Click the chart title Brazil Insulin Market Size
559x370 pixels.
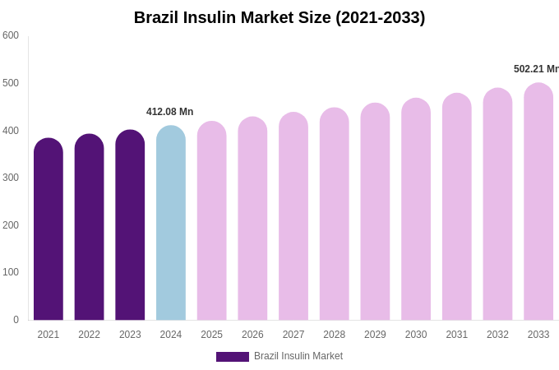tap(279, 17)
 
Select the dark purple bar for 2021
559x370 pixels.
tap(49, 230)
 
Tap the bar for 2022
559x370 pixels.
tap(89, 228)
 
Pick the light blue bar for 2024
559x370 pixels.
tap(171, 224)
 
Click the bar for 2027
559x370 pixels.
tap(293, 217)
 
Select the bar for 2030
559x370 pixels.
tap(416, 210)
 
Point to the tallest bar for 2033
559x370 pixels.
tap(538, 202)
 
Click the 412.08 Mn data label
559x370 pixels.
tap(169, 112)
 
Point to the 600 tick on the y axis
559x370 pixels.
tap(11, 35)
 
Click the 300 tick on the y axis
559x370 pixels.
tap(11, 178)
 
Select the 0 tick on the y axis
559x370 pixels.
tap(16, 320)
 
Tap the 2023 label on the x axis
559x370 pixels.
tap(130, 335)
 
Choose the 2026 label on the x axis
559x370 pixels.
tap(252, 335)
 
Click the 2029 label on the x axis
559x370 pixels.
tap(375, 335)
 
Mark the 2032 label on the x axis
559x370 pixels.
tap(497, 335)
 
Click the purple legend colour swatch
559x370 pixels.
tap(233, 357)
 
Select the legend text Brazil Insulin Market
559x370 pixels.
tap(298, 356)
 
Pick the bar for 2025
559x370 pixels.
tap(212, 221)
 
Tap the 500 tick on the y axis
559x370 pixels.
tap(11, 83)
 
